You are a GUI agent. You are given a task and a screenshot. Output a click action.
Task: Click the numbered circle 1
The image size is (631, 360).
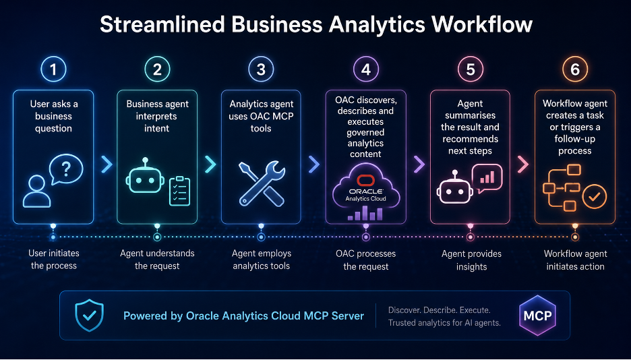(x=53, y=69)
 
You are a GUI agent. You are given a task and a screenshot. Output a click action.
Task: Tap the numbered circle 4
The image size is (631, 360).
(x=365, y=69)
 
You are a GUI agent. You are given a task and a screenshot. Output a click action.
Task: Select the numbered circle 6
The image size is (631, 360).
(x=575, y=69)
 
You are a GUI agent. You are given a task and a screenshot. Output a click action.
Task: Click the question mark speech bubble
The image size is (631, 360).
(x=66, y=169)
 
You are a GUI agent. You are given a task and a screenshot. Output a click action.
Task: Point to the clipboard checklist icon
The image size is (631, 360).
(x=179, y=191)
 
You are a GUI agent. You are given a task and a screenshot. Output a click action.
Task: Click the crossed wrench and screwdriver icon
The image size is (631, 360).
(x=262, y=183)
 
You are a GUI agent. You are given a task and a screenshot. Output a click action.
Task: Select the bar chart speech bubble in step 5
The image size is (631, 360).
(x=487, y=178)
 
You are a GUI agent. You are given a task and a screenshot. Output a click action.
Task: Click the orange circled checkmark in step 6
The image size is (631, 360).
(x=595, y=197)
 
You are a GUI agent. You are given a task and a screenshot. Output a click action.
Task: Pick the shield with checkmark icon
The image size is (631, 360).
(x=90, y=316)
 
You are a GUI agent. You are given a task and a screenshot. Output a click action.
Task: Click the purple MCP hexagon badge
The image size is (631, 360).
(x=538, y=316)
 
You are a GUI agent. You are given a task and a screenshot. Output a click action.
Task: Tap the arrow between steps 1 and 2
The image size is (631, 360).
(x=107, y=164)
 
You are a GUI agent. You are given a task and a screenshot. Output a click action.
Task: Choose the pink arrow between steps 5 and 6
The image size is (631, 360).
(x=522, y=164)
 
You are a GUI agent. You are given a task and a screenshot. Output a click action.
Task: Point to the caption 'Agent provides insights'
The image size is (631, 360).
(x=471, y=260)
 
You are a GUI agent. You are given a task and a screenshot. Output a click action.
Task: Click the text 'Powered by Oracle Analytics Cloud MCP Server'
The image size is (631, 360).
(x=243, y=316)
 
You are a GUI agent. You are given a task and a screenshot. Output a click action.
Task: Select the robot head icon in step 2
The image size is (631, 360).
(x=145, y=179)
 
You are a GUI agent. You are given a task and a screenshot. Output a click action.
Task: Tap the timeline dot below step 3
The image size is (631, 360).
(x=261, y=237)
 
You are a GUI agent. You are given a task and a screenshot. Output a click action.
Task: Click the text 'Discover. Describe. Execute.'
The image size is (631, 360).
(x=439, y=310)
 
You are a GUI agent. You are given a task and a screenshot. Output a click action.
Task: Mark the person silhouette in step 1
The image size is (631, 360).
(x=37, y=191)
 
